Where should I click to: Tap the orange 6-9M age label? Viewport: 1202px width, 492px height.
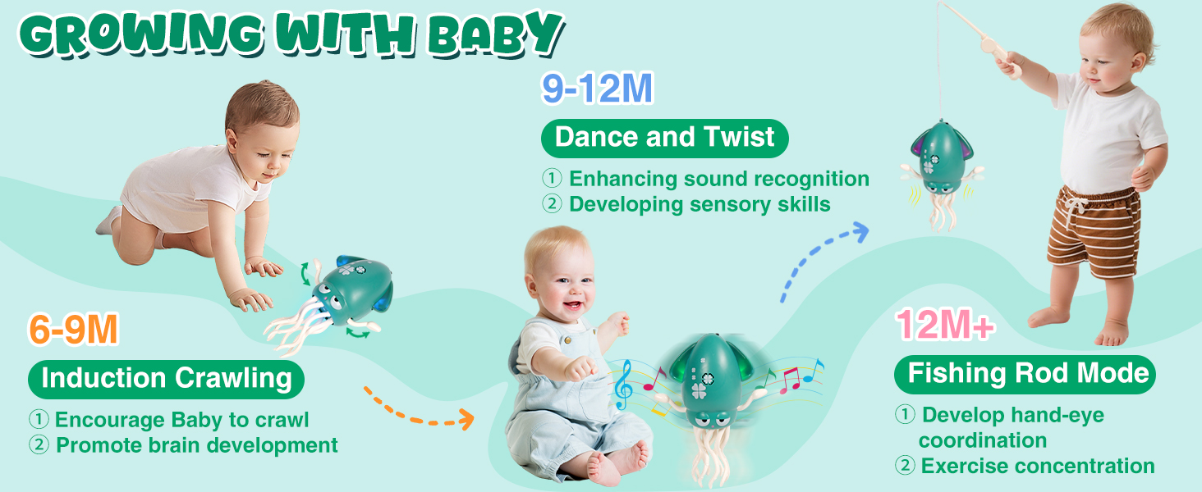73,330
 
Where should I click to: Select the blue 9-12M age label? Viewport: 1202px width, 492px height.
597,89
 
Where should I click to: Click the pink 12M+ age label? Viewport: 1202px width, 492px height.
945,325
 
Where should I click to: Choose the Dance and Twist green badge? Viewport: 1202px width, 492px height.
664,137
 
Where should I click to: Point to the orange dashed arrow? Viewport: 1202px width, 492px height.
419,410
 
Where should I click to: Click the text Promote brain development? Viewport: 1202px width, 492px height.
196,445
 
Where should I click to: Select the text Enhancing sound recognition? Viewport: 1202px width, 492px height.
718,179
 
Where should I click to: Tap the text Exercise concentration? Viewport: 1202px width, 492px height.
1037,466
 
